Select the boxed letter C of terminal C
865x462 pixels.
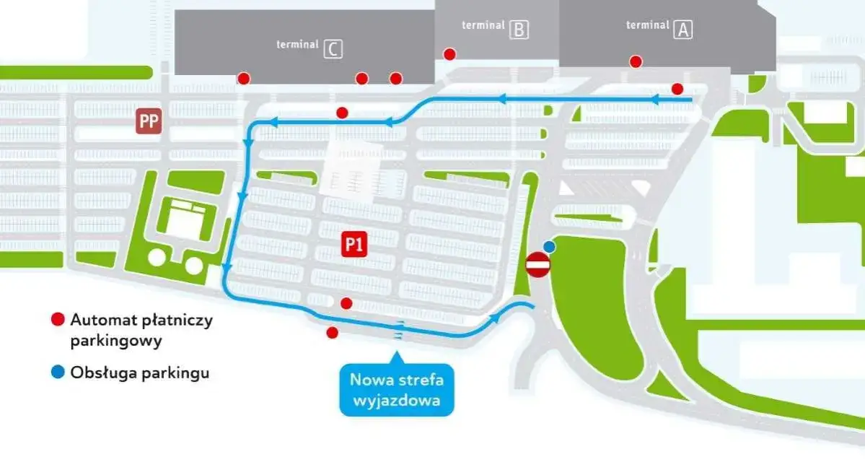point(333,49)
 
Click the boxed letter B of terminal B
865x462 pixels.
point(519,30)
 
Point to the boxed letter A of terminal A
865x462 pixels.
point(682,30)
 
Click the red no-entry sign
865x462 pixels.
point(538,266)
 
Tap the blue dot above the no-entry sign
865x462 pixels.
point(550,246)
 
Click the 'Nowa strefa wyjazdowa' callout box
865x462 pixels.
point(397,390)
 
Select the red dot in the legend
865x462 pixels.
point(57,319)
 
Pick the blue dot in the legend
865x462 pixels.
point(57,372)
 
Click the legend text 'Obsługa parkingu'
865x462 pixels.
point(140,372)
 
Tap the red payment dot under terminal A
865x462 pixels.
point(636,61)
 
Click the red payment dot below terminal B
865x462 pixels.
point(449,54)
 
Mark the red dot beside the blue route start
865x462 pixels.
point(677,89)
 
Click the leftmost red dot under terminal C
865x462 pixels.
point(244,78)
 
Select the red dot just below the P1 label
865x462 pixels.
point(346,303)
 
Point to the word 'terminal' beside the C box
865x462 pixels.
point(297,45)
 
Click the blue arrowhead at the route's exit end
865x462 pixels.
point(495,318)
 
